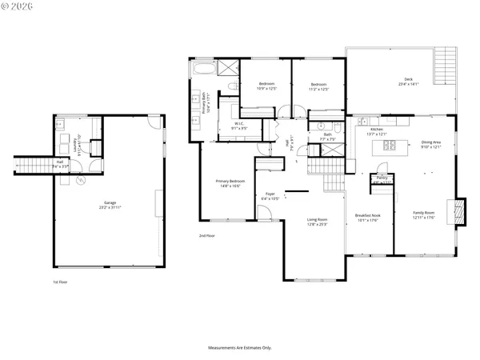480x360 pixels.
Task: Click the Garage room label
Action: pyautogui.click(x=110, y=205)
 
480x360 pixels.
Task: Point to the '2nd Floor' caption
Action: pyautogui.click(x=207, y=236)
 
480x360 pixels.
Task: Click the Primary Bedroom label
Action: pyautogui.click(x=230, y=183)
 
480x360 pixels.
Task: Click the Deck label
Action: pyautogui.click(x=408, y=81)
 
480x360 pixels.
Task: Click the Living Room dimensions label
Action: pyautogui.click(x=318, y=224)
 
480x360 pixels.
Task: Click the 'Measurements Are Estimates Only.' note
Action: pyautogui.click(x=240, y=348)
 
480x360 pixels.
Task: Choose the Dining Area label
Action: pyautogui.click(x=432, y=145)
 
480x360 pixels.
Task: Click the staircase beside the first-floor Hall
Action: pyautogui.click(x=32, y=166)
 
